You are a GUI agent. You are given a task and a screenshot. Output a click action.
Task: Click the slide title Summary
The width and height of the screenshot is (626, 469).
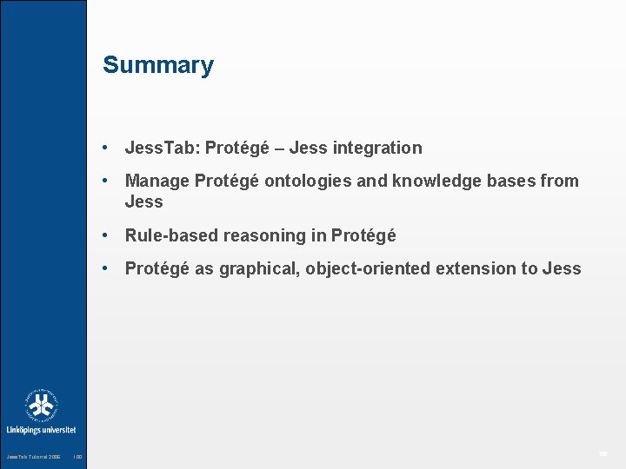[157, 65]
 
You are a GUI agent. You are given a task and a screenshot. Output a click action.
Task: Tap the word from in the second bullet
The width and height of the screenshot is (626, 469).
[560, 181]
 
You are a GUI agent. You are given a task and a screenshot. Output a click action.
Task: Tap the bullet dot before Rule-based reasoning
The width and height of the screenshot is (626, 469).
[104, 235]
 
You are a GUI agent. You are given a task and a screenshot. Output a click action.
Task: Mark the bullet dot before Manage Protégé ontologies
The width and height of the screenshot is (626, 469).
[104, 181]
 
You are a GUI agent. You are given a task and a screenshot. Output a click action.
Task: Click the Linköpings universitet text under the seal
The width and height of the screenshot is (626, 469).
[41, 430]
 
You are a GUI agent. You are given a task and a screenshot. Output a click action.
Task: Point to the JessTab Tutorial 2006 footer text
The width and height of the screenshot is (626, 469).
[34, 457]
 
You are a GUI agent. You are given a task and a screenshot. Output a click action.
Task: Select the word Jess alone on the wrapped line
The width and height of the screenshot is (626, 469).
[144, 201]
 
